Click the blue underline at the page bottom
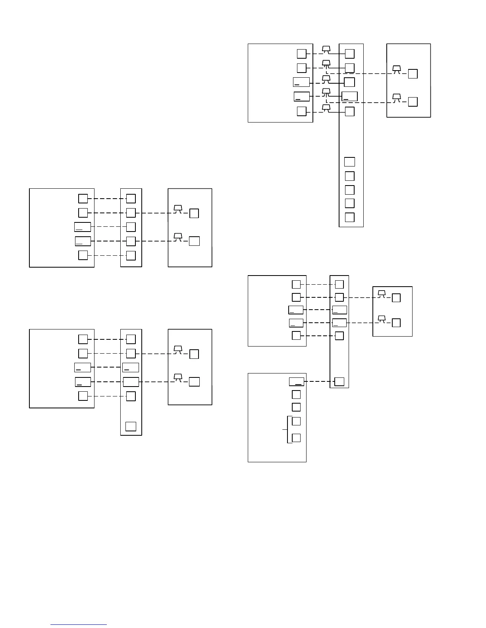tap(79, 624)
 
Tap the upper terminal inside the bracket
tap(296, 421)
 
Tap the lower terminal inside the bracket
tap(296, 438)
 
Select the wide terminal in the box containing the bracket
tap(296, 382)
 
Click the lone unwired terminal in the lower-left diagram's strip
tap(131, 427)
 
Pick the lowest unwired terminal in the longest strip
tap(349, 217)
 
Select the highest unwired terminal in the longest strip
tap(349, 162)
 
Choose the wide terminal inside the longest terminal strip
tap(349, 96)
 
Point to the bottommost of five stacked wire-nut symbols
tap(326, 107)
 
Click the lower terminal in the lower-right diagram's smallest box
tap(396, 323)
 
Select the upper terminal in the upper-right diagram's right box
tap(413, 74)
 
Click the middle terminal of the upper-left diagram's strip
tap(131, 227)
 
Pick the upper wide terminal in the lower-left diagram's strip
tap(131, 368)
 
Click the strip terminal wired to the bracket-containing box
tap(339, 382)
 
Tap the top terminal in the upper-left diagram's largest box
tap(83, 199)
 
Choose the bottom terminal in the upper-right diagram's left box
tap(302, 111)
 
